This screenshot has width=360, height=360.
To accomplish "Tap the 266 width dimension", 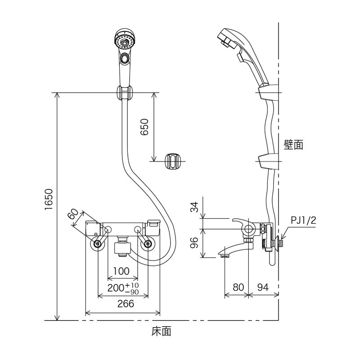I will click(123, 304).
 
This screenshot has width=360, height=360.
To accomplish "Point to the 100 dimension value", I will click(122, 271).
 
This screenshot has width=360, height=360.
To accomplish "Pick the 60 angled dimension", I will click(75, 214).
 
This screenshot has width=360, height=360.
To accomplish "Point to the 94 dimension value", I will click(264, 287).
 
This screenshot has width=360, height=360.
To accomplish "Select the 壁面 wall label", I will click(293, 144).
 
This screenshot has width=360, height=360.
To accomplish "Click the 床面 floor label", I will click(162, 332).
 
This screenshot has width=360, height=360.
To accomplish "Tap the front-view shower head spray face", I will click(125, 42).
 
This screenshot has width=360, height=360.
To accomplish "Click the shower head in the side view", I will click(229, 38).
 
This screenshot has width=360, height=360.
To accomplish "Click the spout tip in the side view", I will click(225, 255).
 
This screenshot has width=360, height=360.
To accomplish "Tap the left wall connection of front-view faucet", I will click(97, 244).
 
